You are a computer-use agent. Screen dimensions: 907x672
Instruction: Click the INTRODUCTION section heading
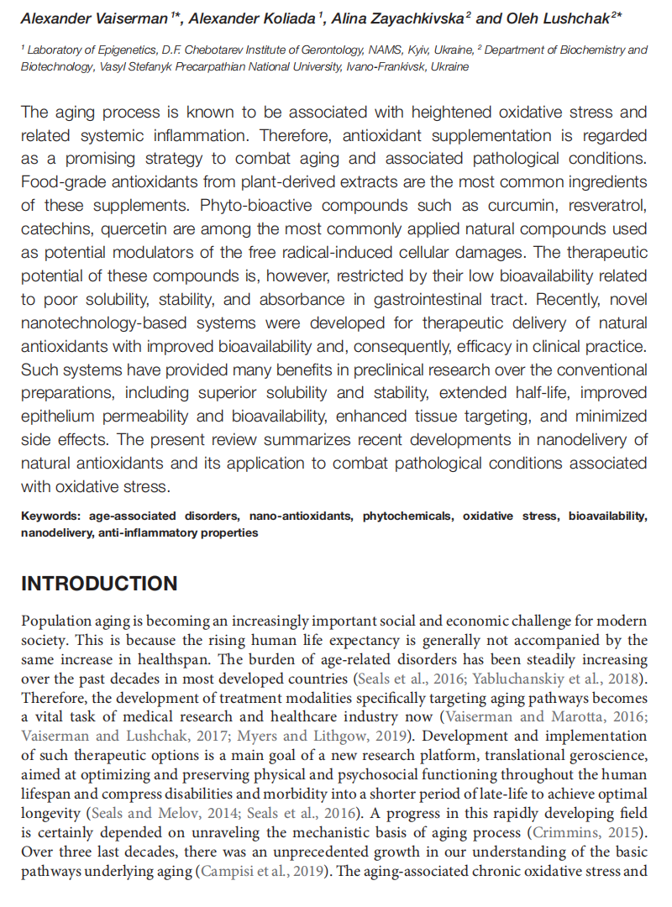[99, 584]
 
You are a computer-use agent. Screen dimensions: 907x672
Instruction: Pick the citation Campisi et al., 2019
[265, 871]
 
